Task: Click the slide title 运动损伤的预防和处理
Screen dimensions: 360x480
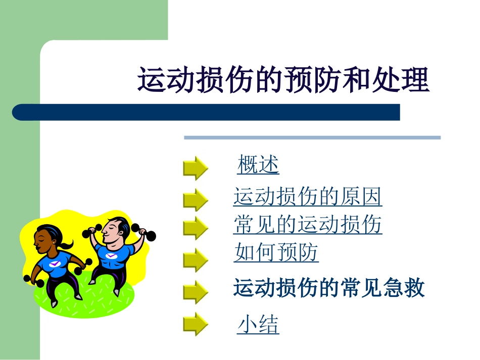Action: click(283, 80)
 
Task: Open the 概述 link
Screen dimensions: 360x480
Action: click(258, 165)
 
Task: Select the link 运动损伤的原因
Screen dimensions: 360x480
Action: click(307, 197)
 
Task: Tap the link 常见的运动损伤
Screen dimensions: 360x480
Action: click(307, 225)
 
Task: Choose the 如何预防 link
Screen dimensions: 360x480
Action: click(276, 252)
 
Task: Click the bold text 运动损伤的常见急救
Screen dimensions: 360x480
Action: click(329, 288)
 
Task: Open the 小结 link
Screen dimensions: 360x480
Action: click(258, 325)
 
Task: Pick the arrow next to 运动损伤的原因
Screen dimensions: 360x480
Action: click(195, 200)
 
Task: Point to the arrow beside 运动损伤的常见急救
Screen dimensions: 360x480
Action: click(195, 292)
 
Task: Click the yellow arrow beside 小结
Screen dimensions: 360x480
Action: click(195, 324)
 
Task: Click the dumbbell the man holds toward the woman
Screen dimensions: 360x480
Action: click(90, 232)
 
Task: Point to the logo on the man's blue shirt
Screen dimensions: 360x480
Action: click(111, 255)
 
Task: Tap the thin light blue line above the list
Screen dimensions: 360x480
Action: click(312, 137)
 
